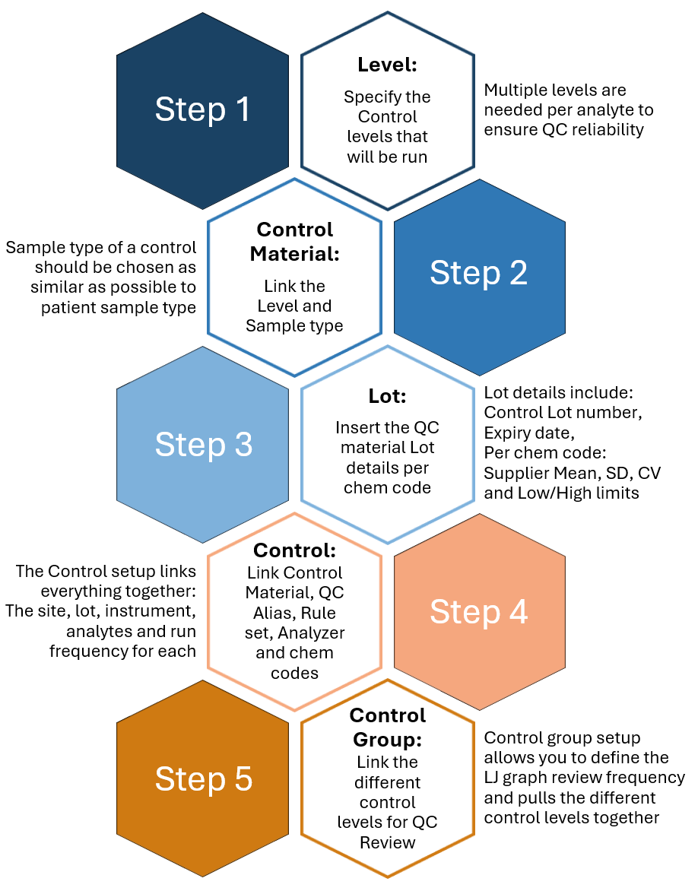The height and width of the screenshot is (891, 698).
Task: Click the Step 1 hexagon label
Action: [202, 110]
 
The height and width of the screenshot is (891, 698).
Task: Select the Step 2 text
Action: [478, 273]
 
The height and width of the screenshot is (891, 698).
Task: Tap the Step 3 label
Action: [203, 445]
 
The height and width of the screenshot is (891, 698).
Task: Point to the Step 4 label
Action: [478, 612]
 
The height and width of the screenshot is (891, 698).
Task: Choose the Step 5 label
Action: [203, 779]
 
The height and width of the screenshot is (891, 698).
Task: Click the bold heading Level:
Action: [387, 65]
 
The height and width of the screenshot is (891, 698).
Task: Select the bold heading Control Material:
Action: [294, 240]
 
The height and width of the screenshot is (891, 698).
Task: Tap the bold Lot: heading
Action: [387, 396]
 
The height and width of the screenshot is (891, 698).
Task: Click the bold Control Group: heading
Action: [387, 727]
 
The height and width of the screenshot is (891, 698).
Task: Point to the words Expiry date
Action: [527, 433]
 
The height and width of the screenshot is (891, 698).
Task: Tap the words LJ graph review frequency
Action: [584, 778]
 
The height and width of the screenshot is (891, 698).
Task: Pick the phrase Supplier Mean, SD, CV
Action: [572, 473]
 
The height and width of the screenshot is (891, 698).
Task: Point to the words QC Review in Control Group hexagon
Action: [387, 842]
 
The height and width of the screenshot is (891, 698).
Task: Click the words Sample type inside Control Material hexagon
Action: [294, 326]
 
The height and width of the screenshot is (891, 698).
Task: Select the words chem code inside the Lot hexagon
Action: [387, 487]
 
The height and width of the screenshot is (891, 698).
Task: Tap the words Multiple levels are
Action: [555, 90]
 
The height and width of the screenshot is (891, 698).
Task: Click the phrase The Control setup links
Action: [106, 572]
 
